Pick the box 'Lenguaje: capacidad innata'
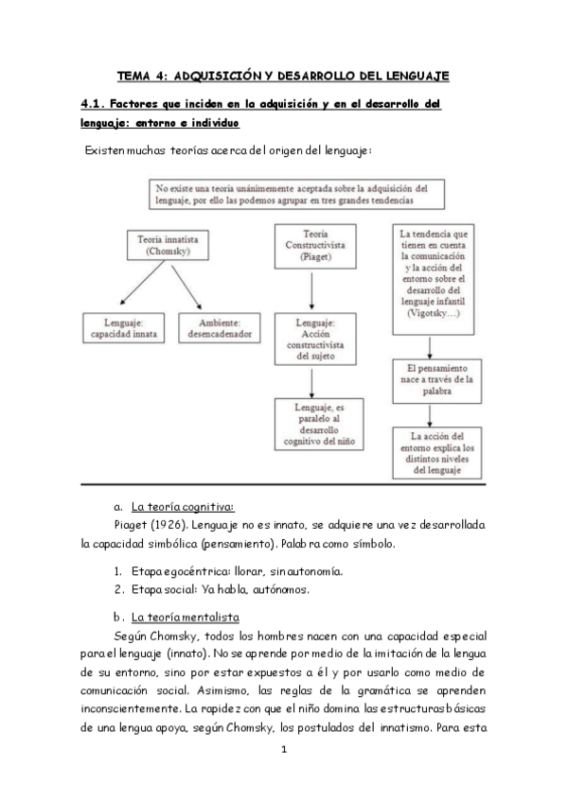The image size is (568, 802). point(122,327)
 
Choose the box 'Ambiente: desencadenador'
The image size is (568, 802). point(224,327)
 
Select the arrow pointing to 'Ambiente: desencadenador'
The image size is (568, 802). point(186,288)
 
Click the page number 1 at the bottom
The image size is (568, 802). point(283,749)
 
